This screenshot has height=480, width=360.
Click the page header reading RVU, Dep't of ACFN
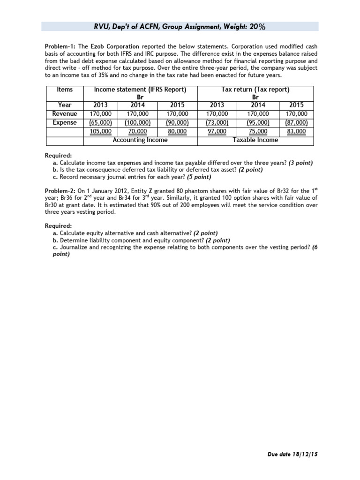(x=180, y=26)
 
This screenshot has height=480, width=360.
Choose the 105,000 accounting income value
(x=100, y=131)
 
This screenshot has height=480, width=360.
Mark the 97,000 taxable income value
(x=217, y=131)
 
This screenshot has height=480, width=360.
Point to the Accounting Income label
(x=140, y=140)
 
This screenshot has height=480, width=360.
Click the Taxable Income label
(x=255, y=140)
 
